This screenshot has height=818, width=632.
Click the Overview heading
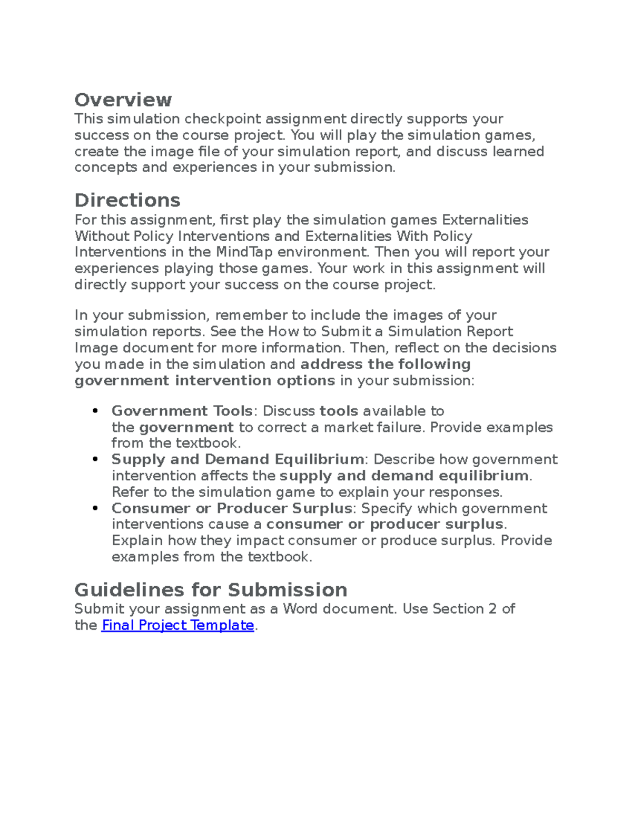point(123,100)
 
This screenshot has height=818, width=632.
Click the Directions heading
point(127,200)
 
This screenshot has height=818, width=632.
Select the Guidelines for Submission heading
point(211,589)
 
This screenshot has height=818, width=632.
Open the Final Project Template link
point(177,625)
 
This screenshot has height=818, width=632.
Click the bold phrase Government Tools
point(182,411)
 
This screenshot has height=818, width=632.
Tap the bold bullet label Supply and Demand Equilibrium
point(237,459)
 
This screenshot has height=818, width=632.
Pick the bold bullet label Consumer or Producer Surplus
point(231,508)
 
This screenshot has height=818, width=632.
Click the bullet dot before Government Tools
point(95,411)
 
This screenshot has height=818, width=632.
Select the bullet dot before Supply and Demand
point(95,459)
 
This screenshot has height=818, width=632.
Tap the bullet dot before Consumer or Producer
point(95,508)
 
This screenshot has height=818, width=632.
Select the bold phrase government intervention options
point(204,381)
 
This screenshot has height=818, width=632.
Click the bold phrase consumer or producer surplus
point(385,525)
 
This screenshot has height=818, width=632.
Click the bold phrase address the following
point(385,364)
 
